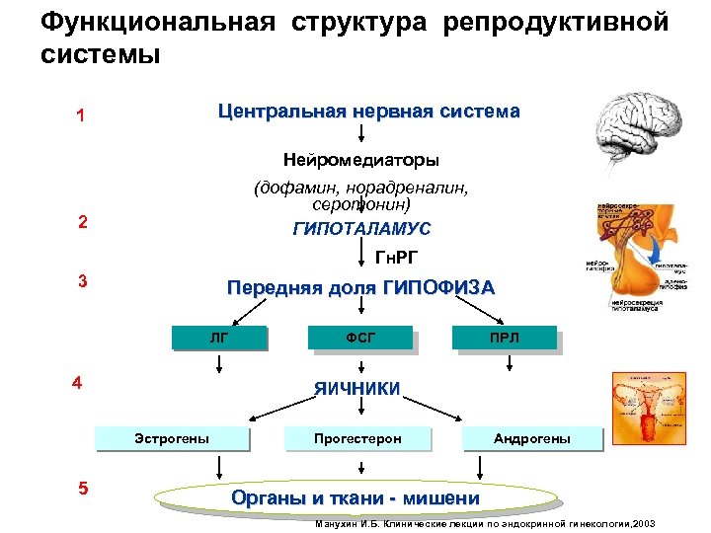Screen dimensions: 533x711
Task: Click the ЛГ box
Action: (219, 338)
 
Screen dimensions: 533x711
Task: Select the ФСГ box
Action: (360, 338)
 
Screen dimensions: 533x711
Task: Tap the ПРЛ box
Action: (505, 338)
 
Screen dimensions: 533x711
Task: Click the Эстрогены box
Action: (172, 437)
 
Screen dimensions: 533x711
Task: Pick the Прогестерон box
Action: (357, 437)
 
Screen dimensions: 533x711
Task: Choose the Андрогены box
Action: (532, 437)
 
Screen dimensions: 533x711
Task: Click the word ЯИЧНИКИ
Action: (357, 388)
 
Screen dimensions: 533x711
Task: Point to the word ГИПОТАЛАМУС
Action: (361, 229)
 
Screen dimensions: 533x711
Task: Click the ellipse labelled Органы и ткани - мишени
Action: (355, 497)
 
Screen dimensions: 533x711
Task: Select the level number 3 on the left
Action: (83, 281)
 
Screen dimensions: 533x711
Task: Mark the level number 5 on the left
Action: (83, 488)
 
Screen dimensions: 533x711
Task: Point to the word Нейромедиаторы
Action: (361, 159)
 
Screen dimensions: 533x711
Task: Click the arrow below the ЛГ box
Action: (218, 366)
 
